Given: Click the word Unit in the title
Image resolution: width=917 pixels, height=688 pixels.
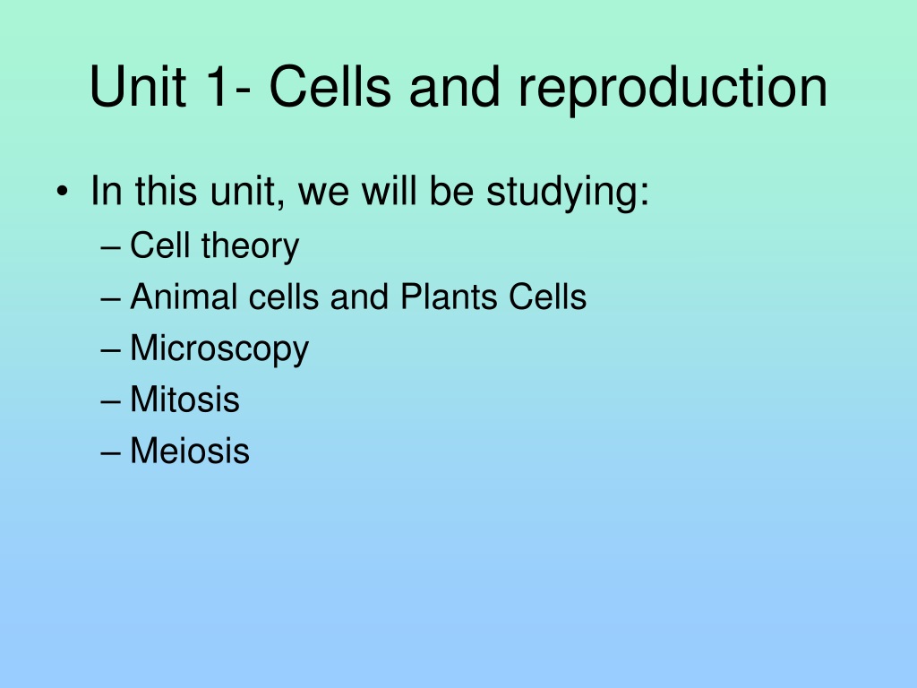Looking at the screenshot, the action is [x=138, y=87].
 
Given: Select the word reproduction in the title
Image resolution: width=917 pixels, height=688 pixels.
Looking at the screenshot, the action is [x=673, y=89].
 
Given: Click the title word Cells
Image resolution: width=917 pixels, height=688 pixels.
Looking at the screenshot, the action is [x=330, y=86].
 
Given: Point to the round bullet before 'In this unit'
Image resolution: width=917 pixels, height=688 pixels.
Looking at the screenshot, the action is [x=62, y=192].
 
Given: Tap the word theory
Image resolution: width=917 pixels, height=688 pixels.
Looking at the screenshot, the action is [x=251, y=246].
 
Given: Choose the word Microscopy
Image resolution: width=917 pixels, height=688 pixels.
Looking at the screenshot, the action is [x=219, y=349].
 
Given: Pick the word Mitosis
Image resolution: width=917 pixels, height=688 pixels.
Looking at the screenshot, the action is [x=184, y=399].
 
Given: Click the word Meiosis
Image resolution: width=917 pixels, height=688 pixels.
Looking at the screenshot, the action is [x=190, y=451].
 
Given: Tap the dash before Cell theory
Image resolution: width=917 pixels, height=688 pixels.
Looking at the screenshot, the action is [x=110, y=248].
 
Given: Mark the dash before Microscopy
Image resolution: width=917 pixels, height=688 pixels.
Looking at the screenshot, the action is [x=110, y=351].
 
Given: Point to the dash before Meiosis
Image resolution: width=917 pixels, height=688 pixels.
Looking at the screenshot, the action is [x=110, y=453].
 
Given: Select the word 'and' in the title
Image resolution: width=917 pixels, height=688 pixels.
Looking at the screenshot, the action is [x=454, y=87].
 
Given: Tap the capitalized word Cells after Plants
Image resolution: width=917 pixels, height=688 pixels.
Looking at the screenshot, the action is [x=547, y=296].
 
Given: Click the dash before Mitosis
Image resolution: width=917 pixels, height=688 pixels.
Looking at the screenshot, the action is [x=110, y=402].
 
